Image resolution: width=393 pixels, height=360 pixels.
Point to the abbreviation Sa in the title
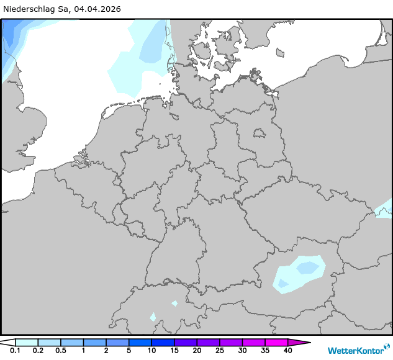pyautogui.click(x=65, y=9)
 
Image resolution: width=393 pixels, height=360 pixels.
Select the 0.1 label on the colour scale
pyautogui.click(x=15, y=351)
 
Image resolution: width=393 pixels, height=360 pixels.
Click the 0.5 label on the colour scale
pyautogui.click(x=60, y=351)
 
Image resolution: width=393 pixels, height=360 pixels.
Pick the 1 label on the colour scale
pyautogui.click(x=83, y=351)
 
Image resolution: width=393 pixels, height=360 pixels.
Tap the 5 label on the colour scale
pyautogui.click(x=129, y=351)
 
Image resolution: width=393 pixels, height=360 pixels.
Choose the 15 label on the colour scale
pyautogui.click(x=174, y=351)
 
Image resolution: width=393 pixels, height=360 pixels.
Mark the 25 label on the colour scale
pyautogui.click(x=219, y=351)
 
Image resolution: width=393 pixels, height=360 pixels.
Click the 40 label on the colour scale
pyautogui.click(x=287, y=351)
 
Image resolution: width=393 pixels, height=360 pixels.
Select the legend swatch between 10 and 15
pyautogui.click(x=163, y=342)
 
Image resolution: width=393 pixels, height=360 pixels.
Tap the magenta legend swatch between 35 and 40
pyautogui.click(x=276, y=342)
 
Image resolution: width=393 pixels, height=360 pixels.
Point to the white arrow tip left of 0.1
pyautogui.click(x=7, y=342)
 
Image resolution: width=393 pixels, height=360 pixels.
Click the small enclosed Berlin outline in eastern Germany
pyautogui.click(x=259, y=132)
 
